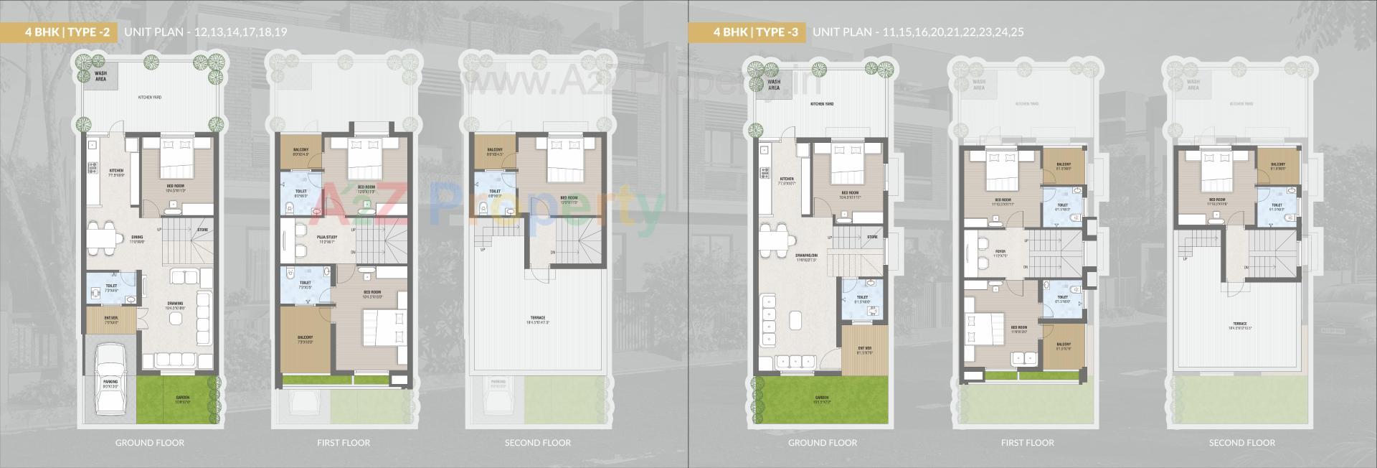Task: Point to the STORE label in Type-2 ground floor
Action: tap(203, 230)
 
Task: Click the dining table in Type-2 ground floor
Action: tap(104, 237)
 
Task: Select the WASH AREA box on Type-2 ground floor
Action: tap(101, 75)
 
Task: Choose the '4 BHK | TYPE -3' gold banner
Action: tap(746, 32)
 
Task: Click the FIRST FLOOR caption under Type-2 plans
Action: tap(344, 443)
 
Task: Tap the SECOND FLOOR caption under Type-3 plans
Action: tap(1241, 443)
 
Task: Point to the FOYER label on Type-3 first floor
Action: tap(1000, 253)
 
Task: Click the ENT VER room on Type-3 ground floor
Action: tap(865, 350)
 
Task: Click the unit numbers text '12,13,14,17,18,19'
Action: tap(235, 32)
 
